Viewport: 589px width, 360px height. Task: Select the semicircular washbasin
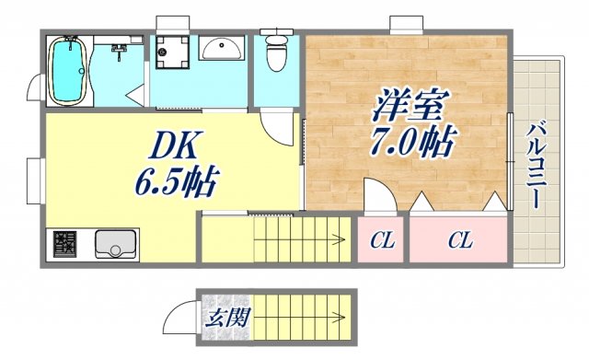(220, 48)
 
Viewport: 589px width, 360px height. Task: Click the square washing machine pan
(171, 52)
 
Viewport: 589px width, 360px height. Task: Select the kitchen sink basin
(116, 244)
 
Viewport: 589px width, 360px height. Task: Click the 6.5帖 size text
(179, 180)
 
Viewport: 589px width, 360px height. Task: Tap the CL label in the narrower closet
(382, 241)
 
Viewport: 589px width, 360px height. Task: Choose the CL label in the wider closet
(460, 241)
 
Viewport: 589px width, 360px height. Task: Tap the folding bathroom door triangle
(135, 92)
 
